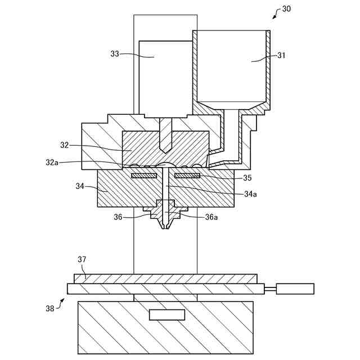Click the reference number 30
tap(286, 9)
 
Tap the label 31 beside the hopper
tap(281, 55)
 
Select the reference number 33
tap(115, 54)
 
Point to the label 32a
tap(52, 163)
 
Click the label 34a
tap(250, 194)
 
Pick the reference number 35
tap(247, 178)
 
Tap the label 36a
tap(211, 217)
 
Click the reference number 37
tap(82, 259)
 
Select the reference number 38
tap(50, 308)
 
